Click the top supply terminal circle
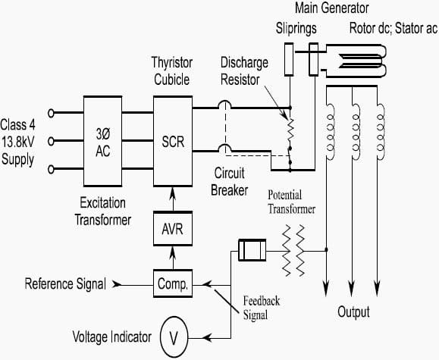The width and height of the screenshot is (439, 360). (51, 113)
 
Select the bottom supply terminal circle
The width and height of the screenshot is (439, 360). (51, 169)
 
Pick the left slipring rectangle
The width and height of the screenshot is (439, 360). (289, 59)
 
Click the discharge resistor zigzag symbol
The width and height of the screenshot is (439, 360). (290, 130)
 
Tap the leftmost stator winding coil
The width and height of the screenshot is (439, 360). (331, 132)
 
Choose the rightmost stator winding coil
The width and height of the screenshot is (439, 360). (381, 132)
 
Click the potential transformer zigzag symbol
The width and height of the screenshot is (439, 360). (293, 250)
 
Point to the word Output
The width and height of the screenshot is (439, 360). (353, 311)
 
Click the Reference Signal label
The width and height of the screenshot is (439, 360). (65, 284)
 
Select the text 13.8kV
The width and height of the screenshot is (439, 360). (18, 142)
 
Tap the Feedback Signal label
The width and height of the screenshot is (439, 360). (262, 308)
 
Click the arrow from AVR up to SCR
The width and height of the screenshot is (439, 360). (173, 199)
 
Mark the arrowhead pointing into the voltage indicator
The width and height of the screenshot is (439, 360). (207, 338)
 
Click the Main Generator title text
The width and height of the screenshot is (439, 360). (332, 8)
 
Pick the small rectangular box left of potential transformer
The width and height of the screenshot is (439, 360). (252, 250)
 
